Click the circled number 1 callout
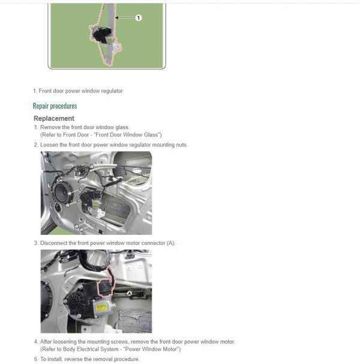(139, 18)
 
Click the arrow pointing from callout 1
(125, 18)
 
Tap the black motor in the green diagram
(100, 36)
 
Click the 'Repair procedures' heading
(55, 106)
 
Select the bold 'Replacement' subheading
(54, 118)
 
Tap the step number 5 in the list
(35, 359)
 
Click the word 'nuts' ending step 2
(181, 145)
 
